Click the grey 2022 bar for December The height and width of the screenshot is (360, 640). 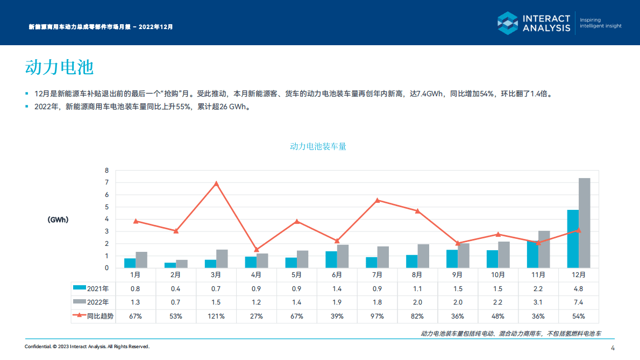pos(584,223)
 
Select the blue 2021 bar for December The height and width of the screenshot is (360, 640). pos(573,238)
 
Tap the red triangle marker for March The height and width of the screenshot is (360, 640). pos(216,183)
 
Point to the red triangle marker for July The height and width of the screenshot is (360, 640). pos(378,200)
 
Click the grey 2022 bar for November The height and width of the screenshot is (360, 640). pos(544,249)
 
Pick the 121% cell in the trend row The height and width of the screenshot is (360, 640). pos(216,316)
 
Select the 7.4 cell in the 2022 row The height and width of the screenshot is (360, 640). pos(578,302)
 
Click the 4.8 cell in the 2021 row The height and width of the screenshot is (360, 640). pos(578,288)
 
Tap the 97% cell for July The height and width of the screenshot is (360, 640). pos(378,316)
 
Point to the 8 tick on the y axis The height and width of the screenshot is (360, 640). pos(106,171)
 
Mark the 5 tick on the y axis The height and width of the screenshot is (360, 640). pos(106,207)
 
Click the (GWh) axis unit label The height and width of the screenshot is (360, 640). pos(58,220)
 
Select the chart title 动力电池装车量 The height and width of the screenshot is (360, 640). pos(318,146)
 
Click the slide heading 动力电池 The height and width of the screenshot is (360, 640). pos(59,67)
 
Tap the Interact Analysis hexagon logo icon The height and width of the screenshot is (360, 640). pos(507,23)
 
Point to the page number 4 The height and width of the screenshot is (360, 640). pos(613,347)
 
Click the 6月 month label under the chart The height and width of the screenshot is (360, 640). pos(337,274)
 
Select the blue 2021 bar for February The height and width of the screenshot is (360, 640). pos(170,265)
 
